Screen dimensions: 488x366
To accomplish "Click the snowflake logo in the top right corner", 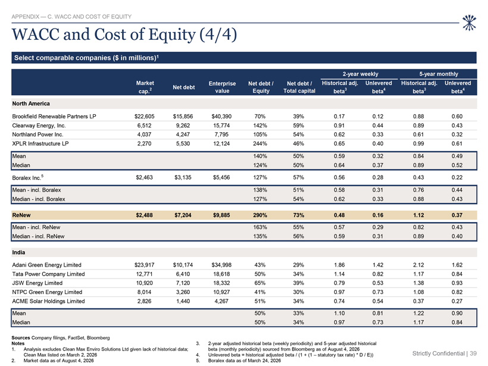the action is tap(469, 23).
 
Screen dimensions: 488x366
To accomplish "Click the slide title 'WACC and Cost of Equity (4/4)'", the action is tap(124, 35).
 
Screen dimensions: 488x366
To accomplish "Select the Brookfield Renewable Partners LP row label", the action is tap(54, 117).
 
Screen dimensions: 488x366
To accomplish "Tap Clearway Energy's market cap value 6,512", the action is tap(145, 126).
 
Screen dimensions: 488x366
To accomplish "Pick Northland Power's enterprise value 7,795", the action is tap(221, 134).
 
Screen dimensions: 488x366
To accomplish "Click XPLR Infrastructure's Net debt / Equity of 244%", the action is tap(260, 143).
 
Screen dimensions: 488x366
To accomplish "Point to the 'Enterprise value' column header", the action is tap(222, 87).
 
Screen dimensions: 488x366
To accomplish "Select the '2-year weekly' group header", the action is tap(361, 74).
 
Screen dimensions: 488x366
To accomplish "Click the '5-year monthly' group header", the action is tap(439, 74).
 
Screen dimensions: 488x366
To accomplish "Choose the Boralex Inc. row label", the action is tap(28, 177).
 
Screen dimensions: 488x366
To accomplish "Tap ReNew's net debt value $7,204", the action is tap(183, 215).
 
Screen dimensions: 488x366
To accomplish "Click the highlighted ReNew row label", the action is tap(21, 215).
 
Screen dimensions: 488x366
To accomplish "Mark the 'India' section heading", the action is tap(18, 252).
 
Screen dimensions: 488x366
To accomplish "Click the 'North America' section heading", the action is tap(31, 104).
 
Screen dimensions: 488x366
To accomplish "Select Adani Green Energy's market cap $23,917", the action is tap(145, 265).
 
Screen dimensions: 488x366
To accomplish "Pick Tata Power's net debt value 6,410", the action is tap(183, 274).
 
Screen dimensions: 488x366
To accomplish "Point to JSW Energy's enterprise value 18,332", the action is tap(221, 283).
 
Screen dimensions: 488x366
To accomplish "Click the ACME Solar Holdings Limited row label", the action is tap(48, 301).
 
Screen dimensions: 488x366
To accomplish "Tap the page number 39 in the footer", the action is tap(473, 354).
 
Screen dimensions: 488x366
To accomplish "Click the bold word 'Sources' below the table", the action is tap(21, 337).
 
